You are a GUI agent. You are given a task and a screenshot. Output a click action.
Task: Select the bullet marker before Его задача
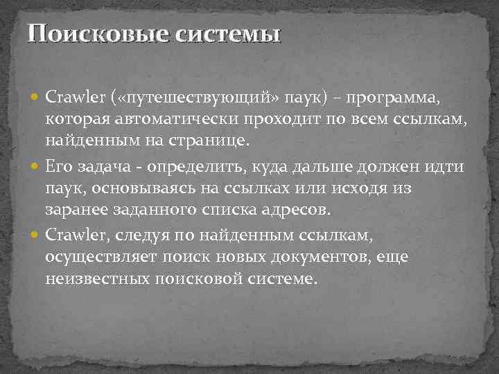36,167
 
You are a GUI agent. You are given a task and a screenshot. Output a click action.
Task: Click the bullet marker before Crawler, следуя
36,235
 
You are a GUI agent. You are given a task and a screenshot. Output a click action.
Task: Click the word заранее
73,211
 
